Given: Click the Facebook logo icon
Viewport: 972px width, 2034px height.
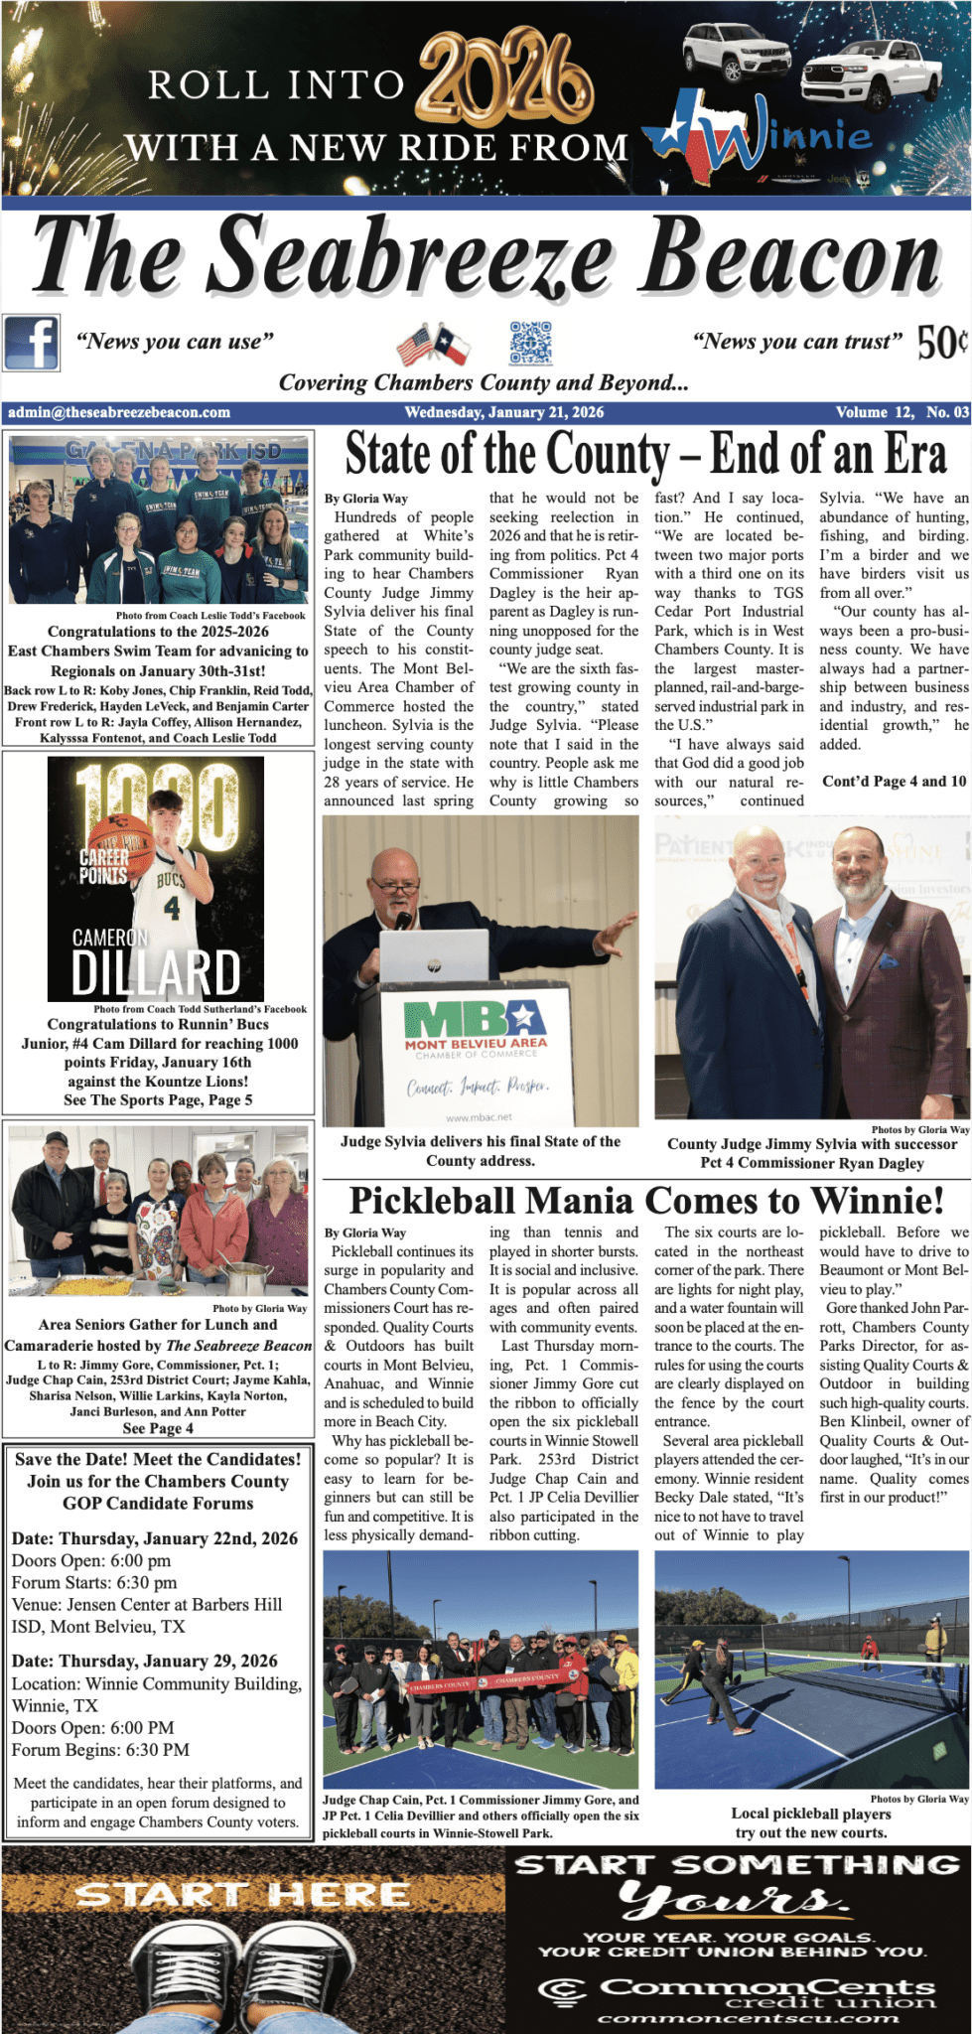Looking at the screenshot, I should (x=31, y=343).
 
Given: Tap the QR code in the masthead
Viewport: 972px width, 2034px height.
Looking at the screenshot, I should (x=530, y=343).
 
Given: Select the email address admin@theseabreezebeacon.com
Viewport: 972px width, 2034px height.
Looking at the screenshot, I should (x=119, y=412).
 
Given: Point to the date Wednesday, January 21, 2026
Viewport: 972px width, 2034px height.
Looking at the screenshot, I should (x=503, y=412).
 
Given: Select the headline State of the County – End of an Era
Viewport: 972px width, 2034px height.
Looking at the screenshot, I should (x=645, y=455).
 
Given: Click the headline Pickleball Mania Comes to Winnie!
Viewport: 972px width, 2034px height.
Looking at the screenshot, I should (x=646, y=1201).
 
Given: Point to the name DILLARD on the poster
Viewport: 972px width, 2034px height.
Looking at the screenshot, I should (x=156, y=973).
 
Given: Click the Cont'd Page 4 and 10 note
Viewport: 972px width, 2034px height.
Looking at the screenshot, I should (x=894, y=781).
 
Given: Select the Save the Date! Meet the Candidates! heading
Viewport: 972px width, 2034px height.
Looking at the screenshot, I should (x=158, y=1459).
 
